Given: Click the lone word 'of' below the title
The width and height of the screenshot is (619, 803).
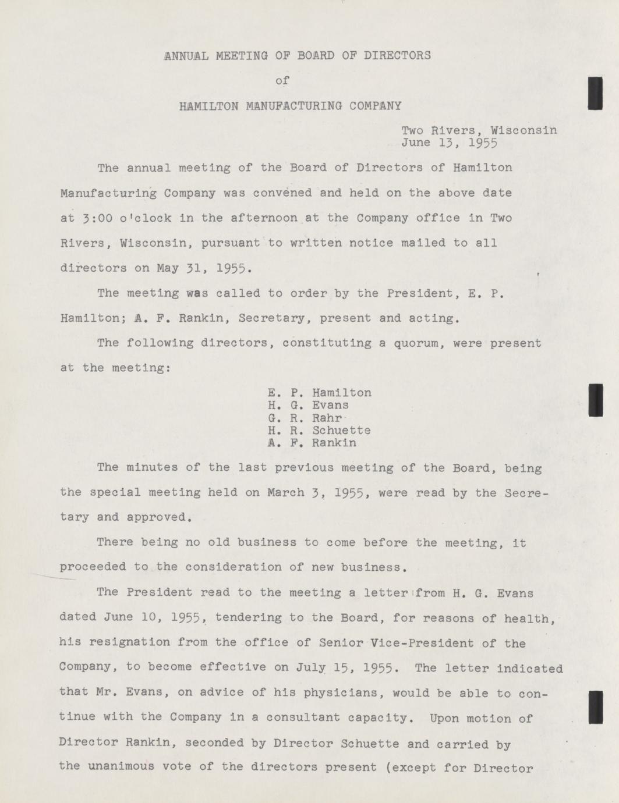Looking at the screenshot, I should click(282, 81).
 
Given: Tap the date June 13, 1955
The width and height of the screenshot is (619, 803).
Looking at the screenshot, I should click(449, 142).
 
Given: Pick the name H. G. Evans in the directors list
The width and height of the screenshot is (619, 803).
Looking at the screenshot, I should click(308, 406).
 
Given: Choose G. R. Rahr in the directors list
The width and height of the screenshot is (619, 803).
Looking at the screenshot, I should click(305, 418).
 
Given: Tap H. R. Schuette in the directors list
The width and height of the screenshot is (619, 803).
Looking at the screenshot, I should click(319, 431).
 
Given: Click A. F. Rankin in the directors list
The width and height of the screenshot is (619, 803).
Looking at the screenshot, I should click(312, 443).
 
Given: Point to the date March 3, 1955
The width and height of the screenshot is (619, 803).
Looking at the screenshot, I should click(323, 493).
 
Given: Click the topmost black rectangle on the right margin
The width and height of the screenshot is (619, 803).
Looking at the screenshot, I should click(595, 93).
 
